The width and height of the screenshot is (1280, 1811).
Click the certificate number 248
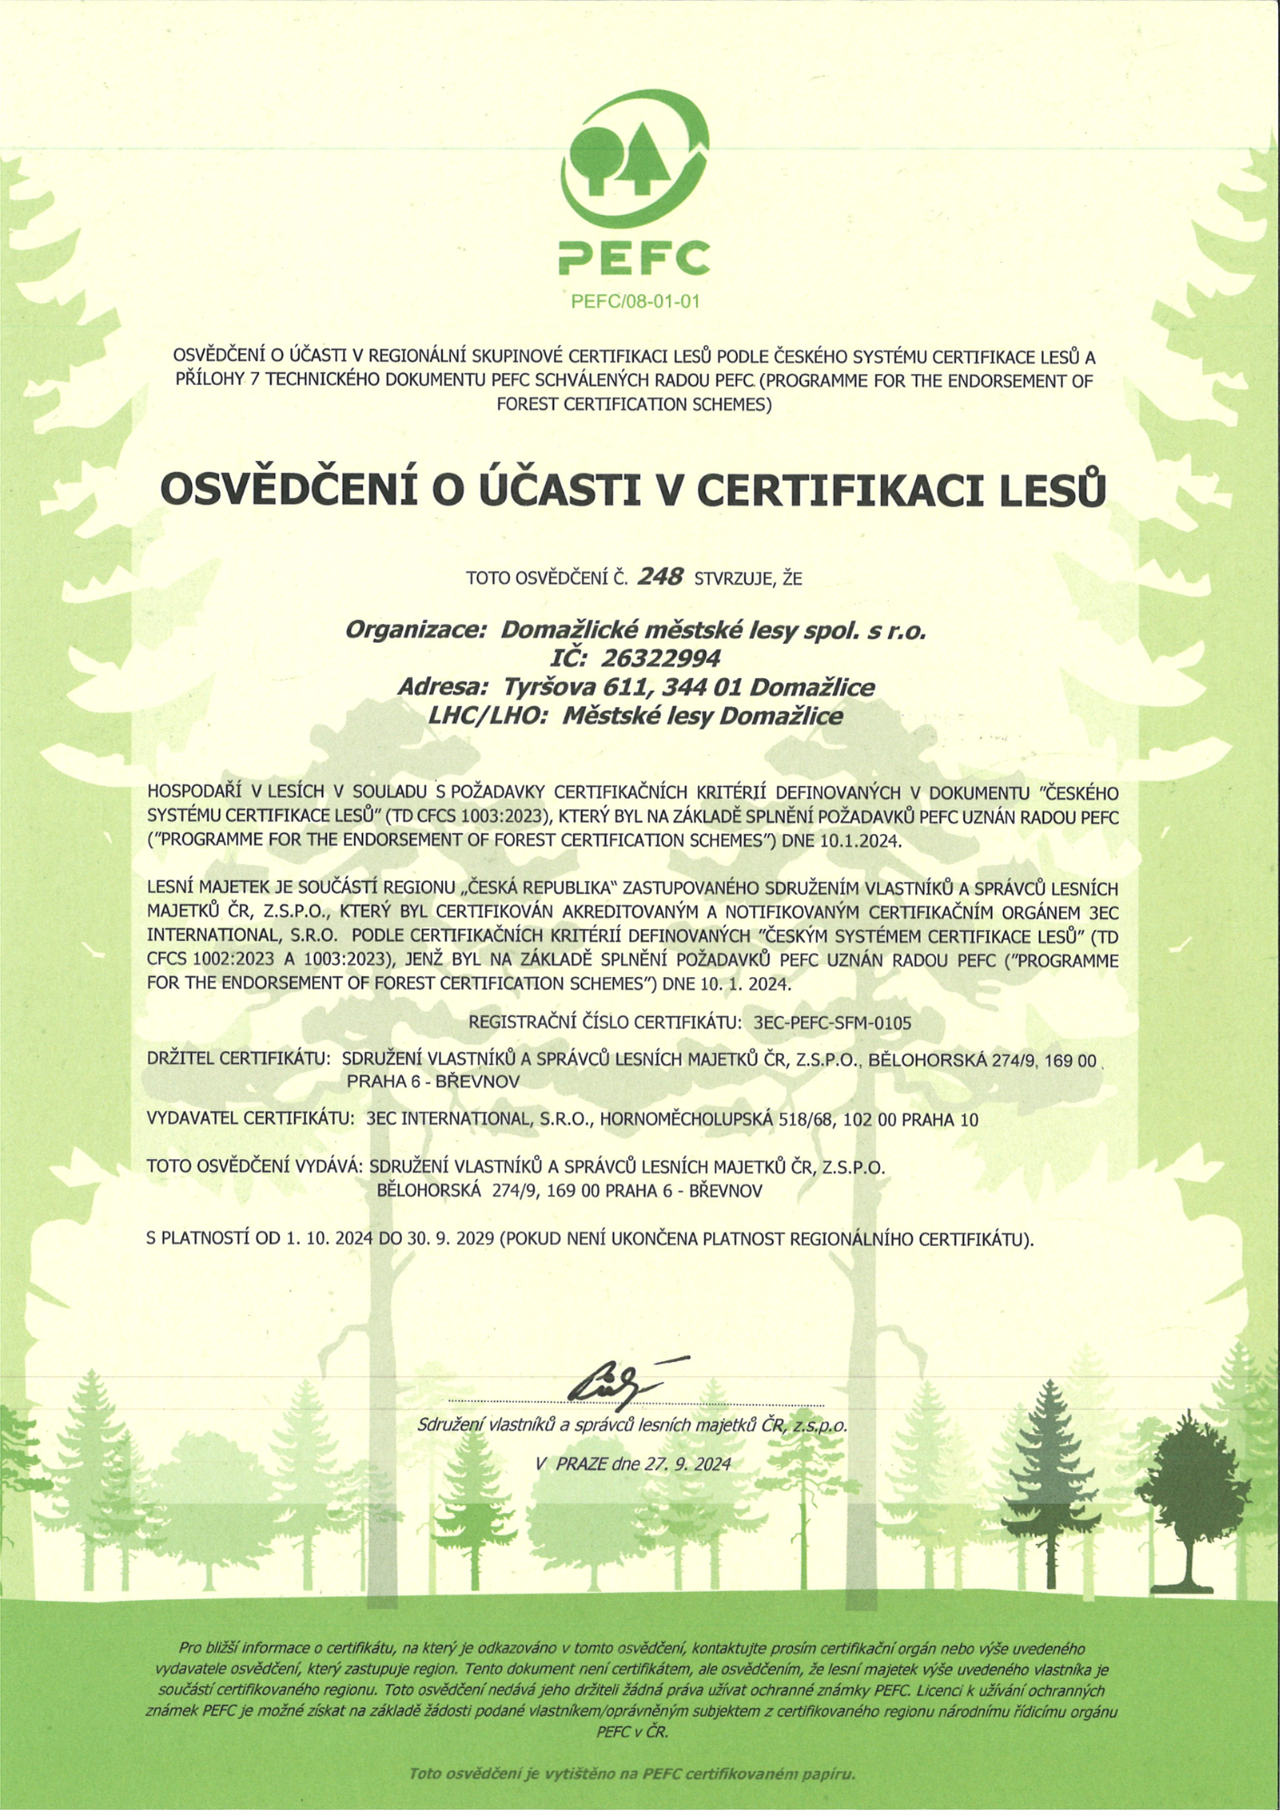coord(660,577)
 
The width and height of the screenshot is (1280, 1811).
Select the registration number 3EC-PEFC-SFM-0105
coord(832,1023)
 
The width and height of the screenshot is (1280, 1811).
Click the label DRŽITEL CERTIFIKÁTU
coord(237,1059)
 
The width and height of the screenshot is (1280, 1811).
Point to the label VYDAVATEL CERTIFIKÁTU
coord(250,1119)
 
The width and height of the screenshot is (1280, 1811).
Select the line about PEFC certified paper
coord(633,1774)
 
